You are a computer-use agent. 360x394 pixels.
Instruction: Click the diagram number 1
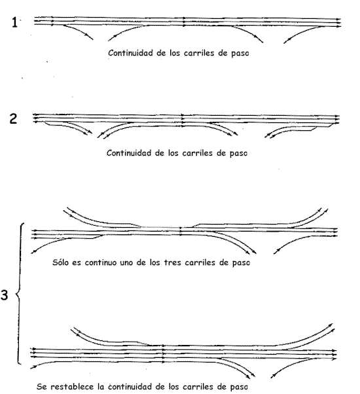point(15,22)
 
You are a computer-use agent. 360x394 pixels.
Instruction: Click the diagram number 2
point(13,118)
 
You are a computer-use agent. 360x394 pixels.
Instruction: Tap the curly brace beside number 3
point(20,293)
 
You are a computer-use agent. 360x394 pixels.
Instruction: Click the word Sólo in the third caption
point(60,262)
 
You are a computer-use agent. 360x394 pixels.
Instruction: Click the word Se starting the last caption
point(42,386)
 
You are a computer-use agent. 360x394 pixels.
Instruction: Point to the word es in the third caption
point(77,263)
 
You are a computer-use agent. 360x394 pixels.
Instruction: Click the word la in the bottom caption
point(101,386)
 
